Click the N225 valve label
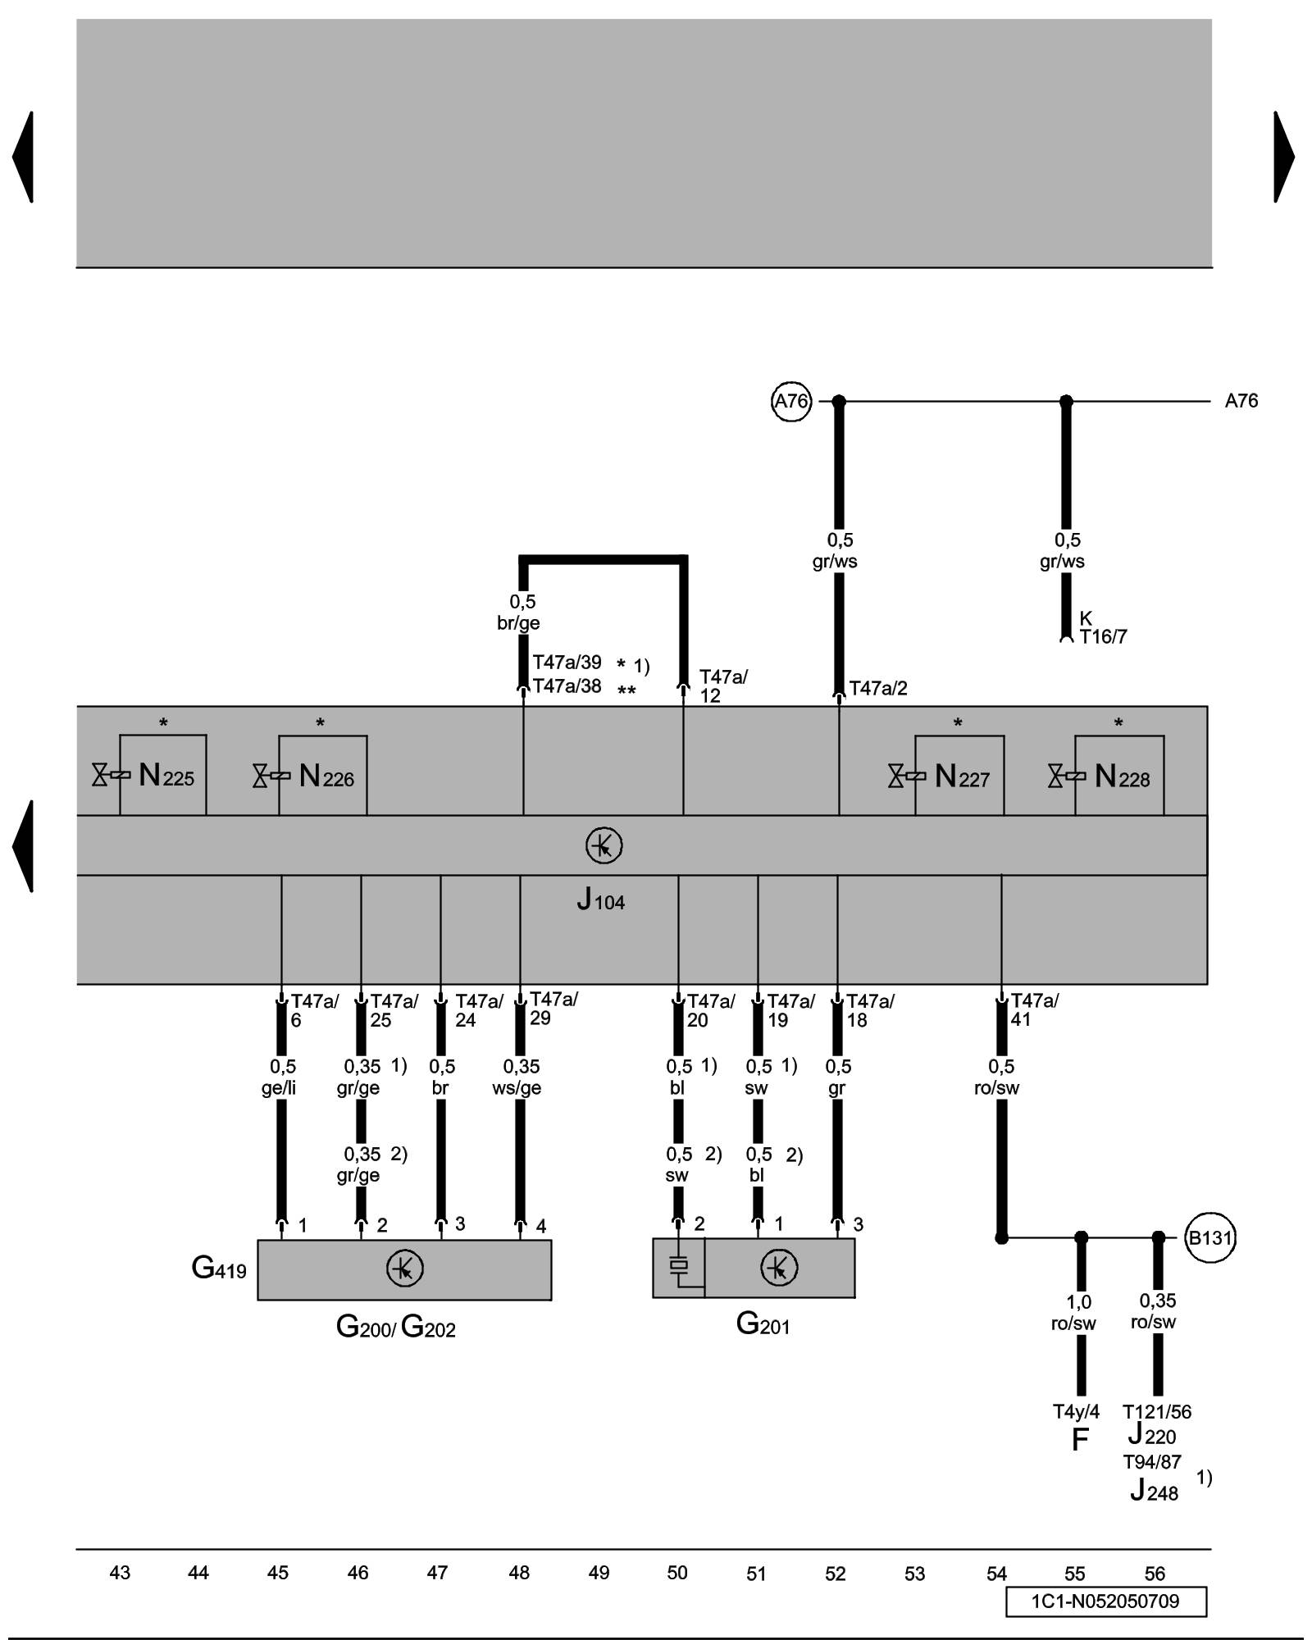point(166,776)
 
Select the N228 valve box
point(1118,775)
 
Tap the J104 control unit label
point(600,900)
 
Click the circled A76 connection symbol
point(791,401)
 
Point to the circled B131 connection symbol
point(1210,1237)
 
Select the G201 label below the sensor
point(763,1323)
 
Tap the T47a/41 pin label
point(1034,1010)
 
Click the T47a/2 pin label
point(878,689)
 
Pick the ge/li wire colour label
point(279,1088)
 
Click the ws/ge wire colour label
point(517,1088)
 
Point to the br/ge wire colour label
point(518,623)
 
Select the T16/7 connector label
point(1103,637)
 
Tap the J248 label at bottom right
point(1154,1490)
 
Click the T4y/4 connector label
point(1076,1411)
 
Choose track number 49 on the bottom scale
point(599,1573)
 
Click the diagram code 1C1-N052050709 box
point(1105,1601)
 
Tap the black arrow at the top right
point(1283,157)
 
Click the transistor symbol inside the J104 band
point(604,845)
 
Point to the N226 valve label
point(326,776)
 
